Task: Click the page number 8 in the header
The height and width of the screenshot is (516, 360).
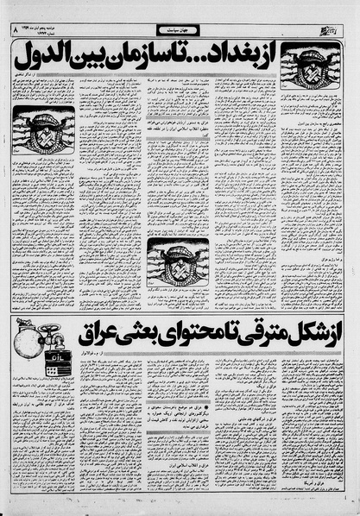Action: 13,29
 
